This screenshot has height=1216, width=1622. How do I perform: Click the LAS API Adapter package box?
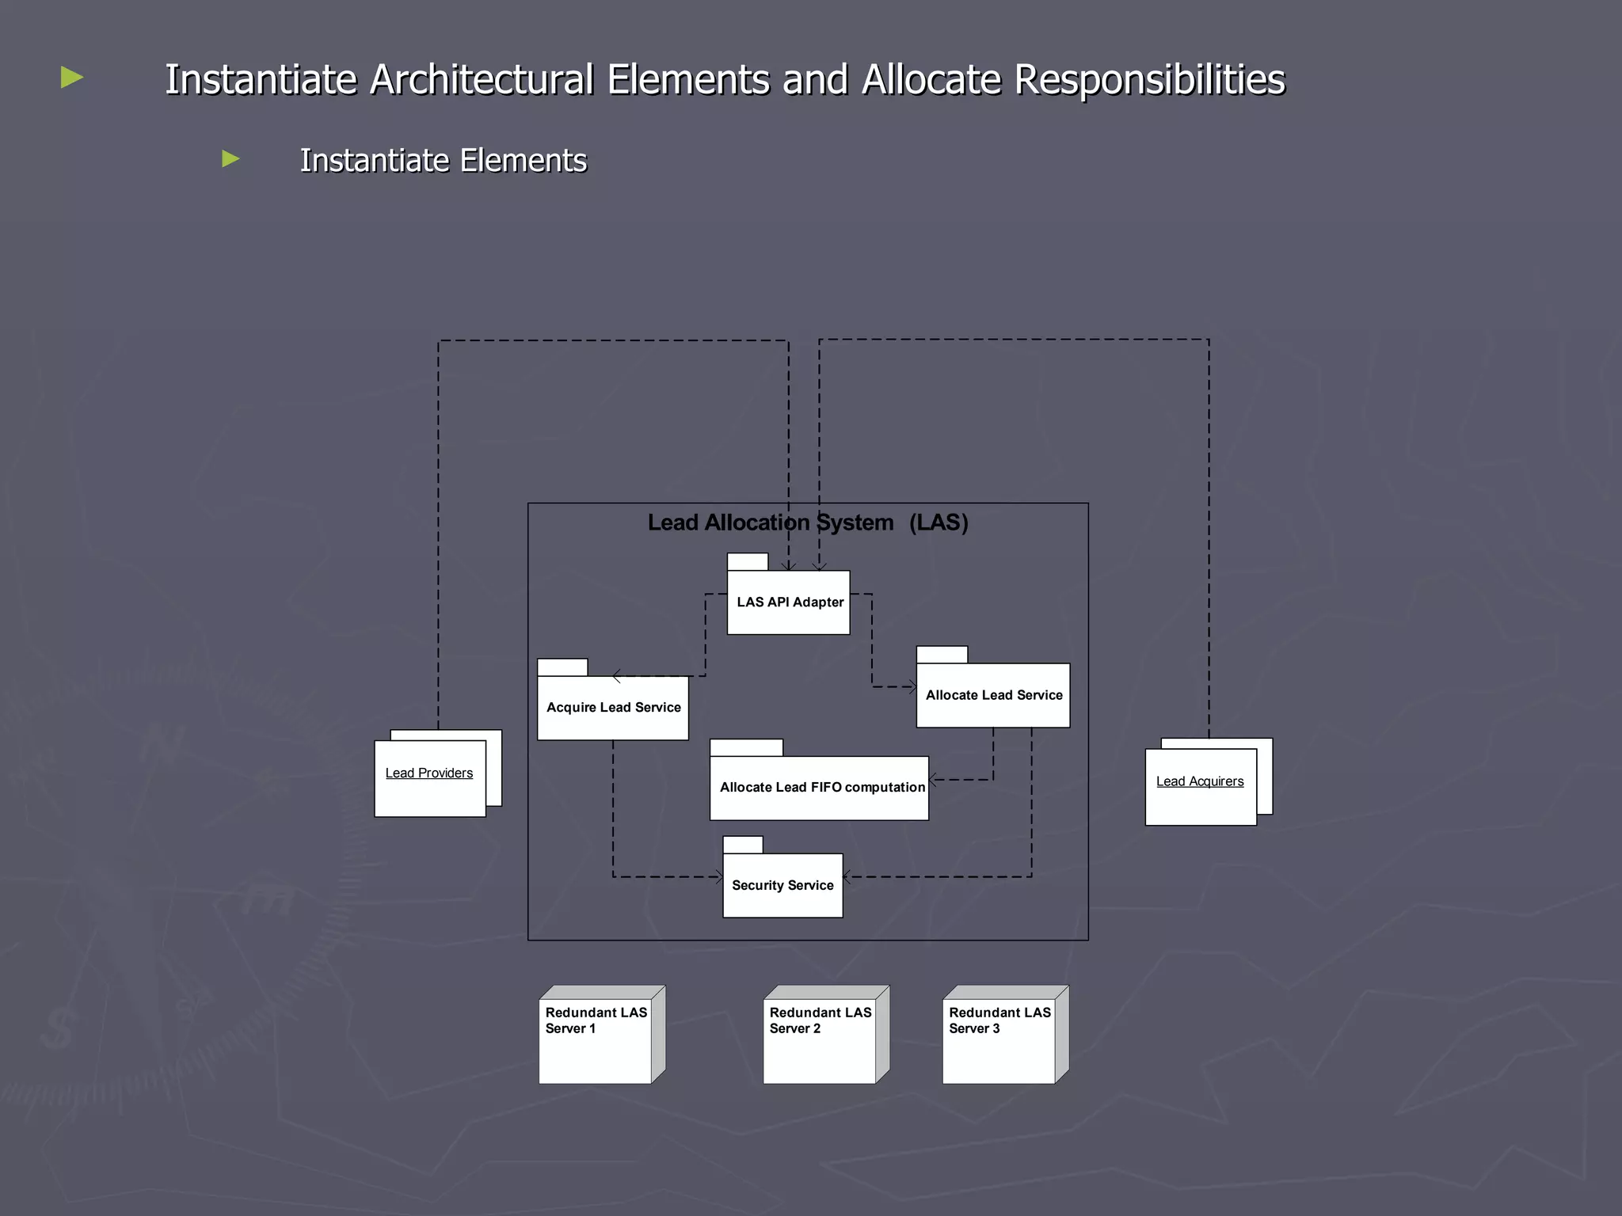click(788, 602)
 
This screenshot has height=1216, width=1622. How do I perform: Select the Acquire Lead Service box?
click(613, 707)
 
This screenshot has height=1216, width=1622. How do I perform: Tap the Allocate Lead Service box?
click(993, 695)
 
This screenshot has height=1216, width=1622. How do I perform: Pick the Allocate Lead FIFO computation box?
click(820, 788)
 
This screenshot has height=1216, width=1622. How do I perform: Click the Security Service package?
click(782, 885)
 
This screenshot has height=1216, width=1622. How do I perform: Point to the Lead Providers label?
click(428, 773)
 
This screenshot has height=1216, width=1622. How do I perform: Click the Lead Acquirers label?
click(1199, 781)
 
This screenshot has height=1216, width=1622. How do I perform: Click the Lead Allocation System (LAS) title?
click(808, 522)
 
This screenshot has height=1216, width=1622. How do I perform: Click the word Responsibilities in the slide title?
click(1149, 80)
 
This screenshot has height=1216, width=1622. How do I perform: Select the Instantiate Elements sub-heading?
click(444, 161)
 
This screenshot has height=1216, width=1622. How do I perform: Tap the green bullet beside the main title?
click(72, 78)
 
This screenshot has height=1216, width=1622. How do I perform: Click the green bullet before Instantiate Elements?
click(230, 158)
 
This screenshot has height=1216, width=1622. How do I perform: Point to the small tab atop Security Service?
click(743, 845)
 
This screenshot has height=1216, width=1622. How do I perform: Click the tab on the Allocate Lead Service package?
click(942, 655)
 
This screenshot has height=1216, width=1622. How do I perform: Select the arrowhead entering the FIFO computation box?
click(933, 780)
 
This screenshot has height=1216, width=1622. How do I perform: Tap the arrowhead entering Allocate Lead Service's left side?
click(912, 687)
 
